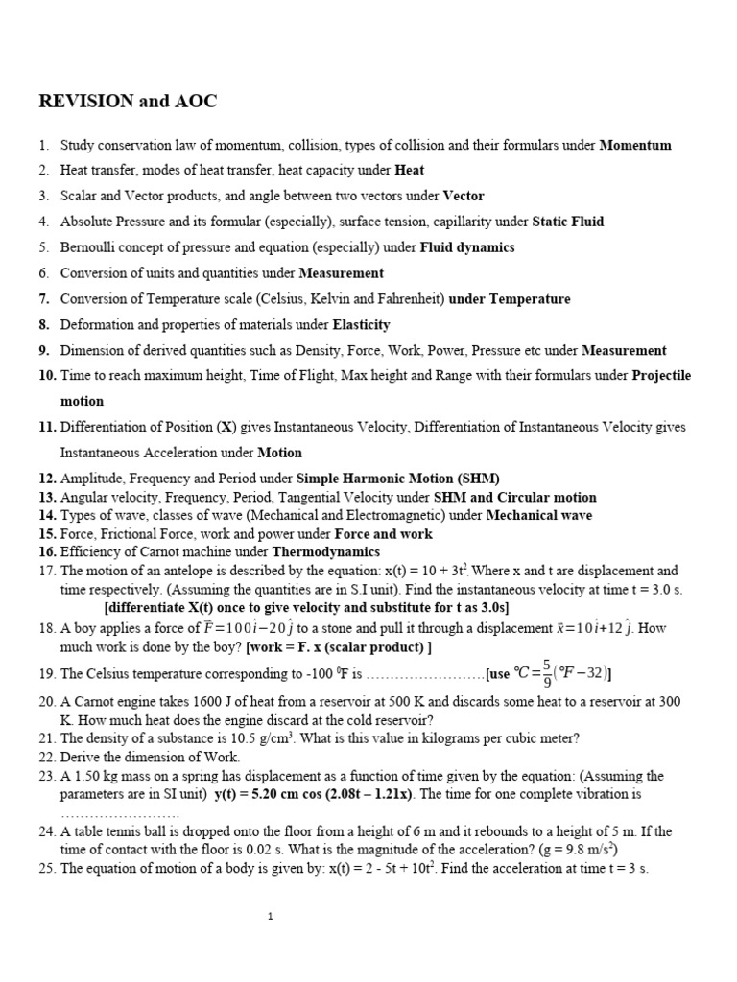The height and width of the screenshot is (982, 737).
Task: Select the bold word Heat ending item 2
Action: coord(410,171)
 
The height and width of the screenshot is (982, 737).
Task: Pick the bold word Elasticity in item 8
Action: coord(361,325)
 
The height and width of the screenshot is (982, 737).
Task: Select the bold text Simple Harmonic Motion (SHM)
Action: coord(398,479)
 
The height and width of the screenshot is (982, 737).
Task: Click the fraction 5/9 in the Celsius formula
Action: coord(548,671)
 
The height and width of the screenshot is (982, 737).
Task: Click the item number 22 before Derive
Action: coord(47,757)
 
